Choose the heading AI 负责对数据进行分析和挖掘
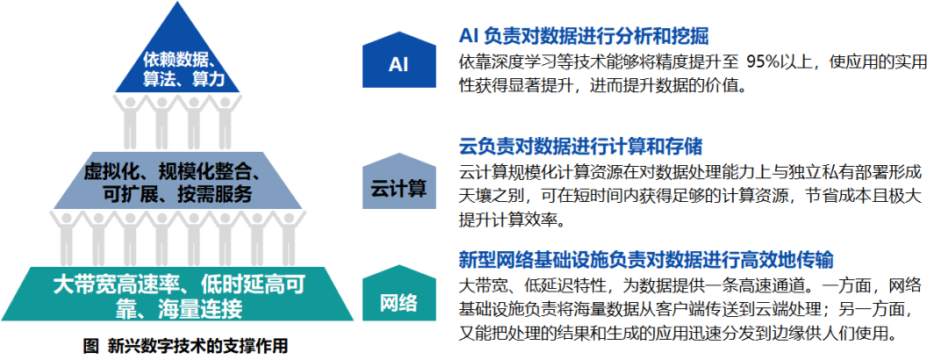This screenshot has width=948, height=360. [584, 36]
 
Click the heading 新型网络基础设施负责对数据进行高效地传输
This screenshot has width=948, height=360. [646, 260]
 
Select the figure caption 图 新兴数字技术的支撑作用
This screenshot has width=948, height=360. [185, 346]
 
